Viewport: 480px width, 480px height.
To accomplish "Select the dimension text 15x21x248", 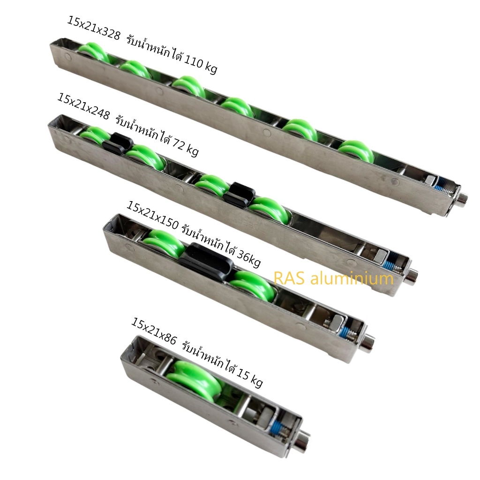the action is (x=83, y=106).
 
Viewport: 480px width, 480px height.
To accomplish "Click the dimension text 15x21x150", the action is (x=152, y=216).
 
